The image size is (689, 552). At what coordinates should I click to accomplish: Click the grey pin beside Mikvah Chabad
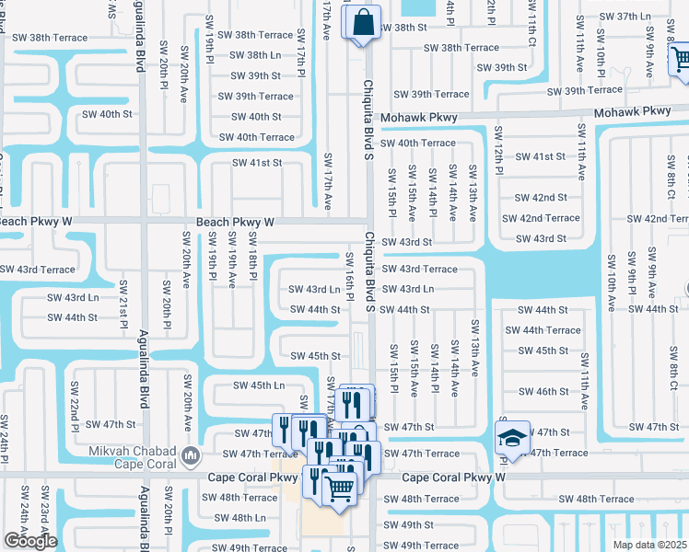pyautogui.click(x=190, y=454)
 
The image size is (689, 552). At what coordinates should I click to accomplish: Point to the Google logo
pyautogui.click(x=30, y=541)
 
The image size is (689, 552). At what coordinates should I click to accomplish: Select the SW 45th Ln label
pyautogui.click(x=259, y=385)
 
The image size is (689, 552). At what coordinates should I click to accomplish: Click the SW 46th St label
pyautogui.click(x=543, y=391)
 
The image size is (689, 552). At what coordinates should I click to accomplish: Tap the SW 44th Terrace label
pyautogui.click(x=550, y=330)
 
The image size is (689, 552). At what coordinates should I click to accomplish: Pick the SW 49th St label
pyautogui.click(x=410, y=524)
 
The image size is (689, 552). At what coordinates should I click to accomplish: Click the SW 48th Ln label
pyautogui.click(x=236, y=518)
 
